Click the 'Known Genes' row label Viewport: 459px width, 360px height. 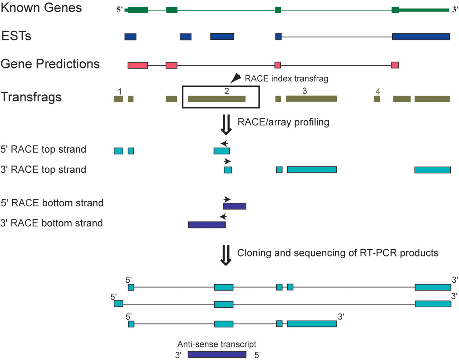[41, 8]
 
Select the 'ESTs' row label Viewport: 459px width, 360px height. [16, 36]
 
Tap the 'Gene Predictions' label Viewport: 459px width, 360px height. [50, 64]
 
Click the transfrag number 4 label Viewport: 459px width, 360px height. [378, 92]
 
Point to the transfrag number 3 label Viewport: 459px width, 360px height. [304, 91]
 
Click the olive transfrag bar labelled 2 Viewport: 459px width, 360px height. [217, 99]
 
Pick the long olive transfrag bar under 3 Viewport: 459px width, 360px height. [311, 99]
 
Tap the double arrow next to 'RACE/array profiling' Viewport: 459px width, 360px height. [226, 125]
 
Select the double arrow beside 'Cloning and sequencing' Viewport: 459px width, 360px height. [226, 255]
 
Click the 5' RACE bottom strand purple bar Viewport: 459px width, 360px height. [235, 206]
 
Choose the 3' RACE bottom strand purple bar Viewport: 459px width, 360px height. [207, 225]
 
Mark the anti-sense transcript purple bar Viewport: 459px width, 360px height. [217, 354]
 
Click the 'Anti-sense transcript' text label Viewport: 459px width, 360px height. [217, 344]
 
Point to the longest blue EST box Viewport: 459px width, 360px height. [421, 37]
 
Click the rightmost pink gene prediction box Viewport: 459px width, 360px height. [395, 65]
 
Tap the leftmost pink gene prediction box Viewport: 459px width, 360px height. [138, 65]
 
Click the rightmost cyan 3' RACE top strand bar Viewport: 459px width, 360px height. [432, 170]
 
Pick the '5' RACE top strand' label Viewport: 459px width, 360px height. [43, 149]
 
